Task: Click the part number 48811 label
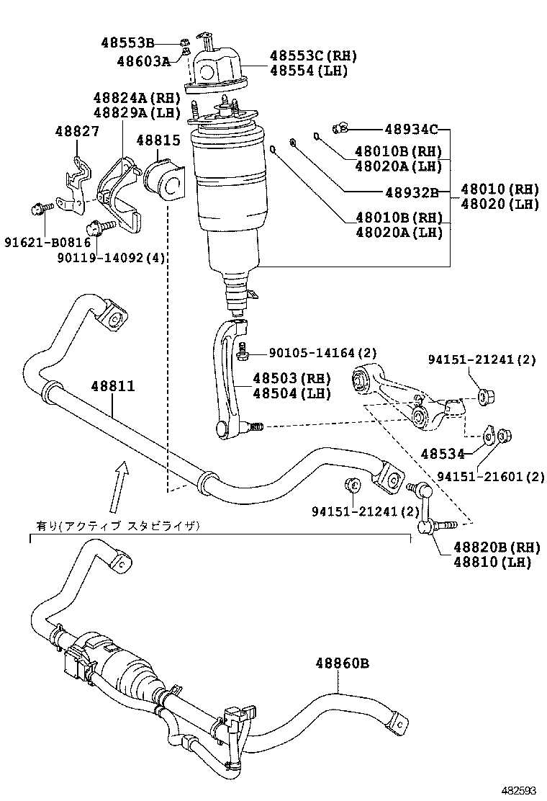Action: click(112, 387)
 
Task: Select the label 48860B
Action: click(341, 663)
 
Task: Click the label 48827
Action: click(78, 131)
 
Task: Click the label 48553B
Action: click(127, 43)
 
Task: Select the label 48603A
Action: click(143, 61)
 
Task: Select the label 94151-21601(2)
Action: click(490, 476)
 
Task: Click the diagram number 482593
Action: click(519, 790)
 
